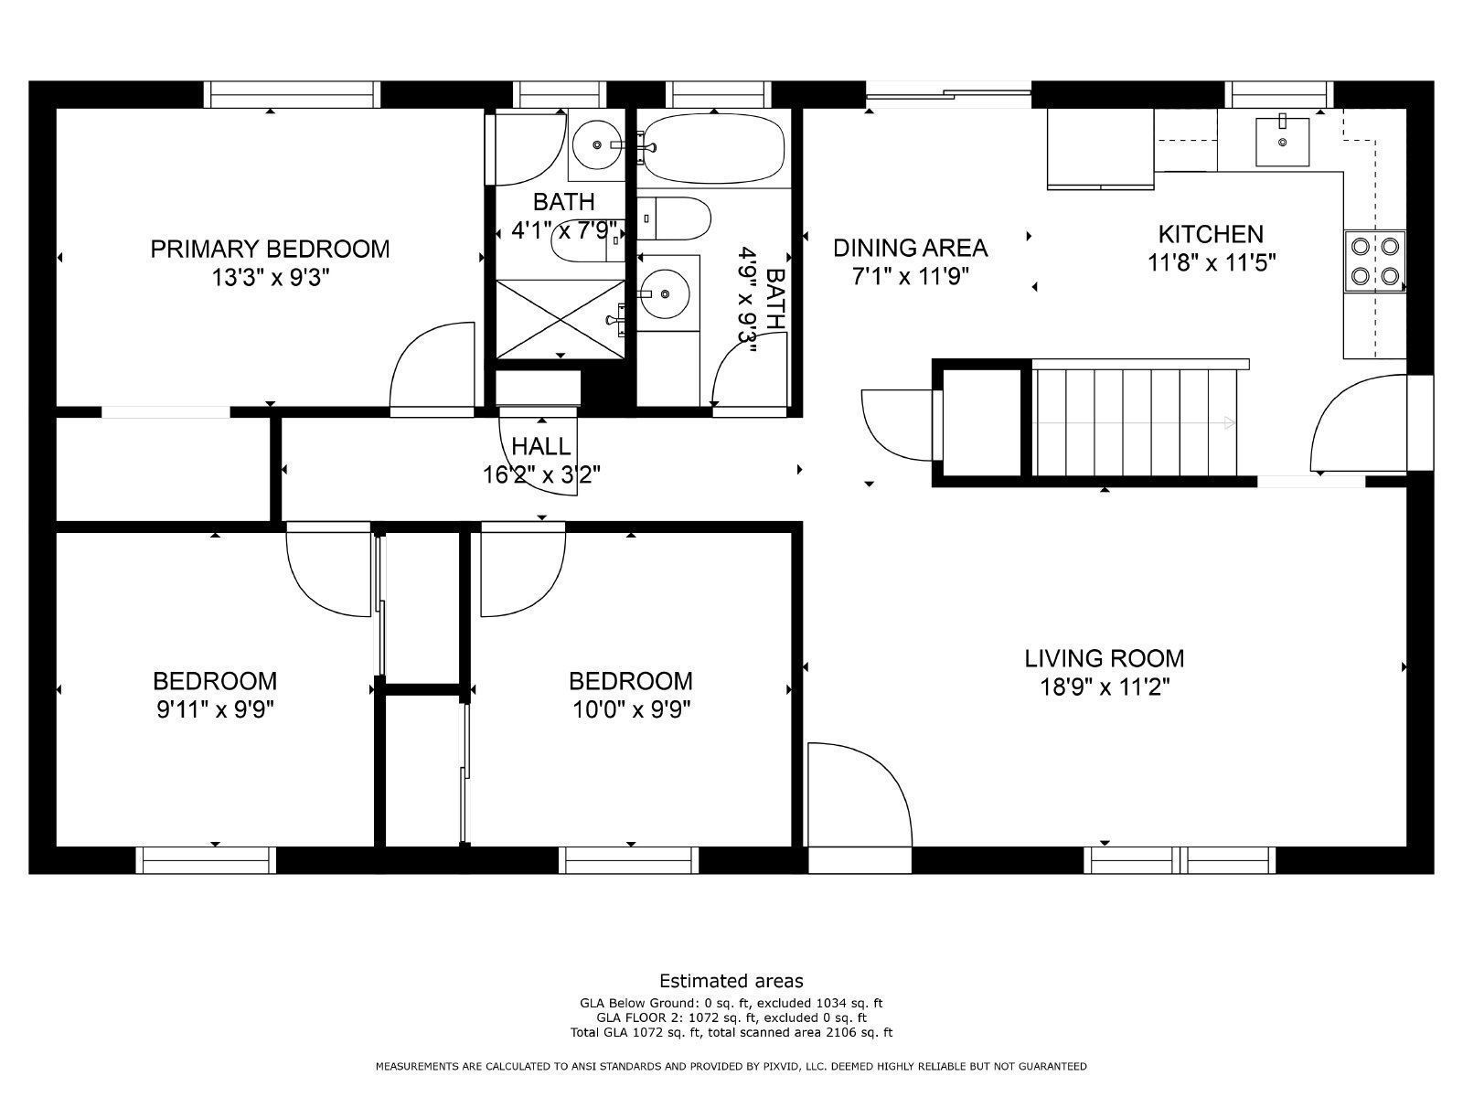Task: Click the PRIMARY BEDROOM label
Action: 270,249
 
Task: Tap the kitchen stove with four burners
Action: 1374,261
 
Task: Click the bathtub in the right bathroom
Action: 713,146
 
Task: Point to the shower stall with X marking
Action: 561,318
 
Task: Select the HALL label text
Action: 541,447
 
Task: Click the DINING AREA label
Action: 910,248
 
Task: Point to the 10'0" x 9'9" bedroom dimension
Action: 630,708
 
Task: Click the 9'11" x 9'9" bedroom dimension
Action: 215,708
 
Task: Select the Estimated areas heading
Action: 731,981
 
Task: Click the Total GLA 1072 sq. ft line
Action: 731,1033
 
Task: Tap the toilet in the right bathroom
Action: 675,219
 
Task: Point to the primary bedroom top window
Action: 291,94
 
